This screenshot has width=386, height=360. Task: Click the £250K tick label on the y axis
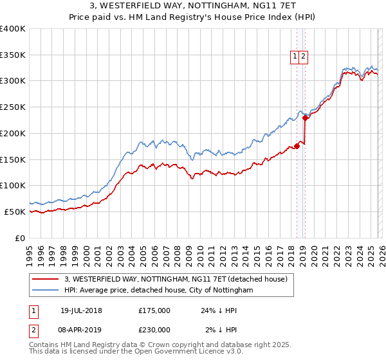click(13, 107)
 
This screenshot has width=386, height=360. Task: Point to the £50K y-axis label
click(15, 212)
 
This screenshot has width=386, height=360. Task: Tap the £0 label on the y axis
click(20, 238)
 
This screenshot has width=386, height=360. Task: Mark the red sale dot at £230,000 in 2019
click(305, 118)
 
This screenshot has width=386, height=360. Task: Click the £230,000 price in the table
click(154, 329)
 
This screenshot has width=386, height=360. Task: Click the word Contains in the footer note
click(44, 345)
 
